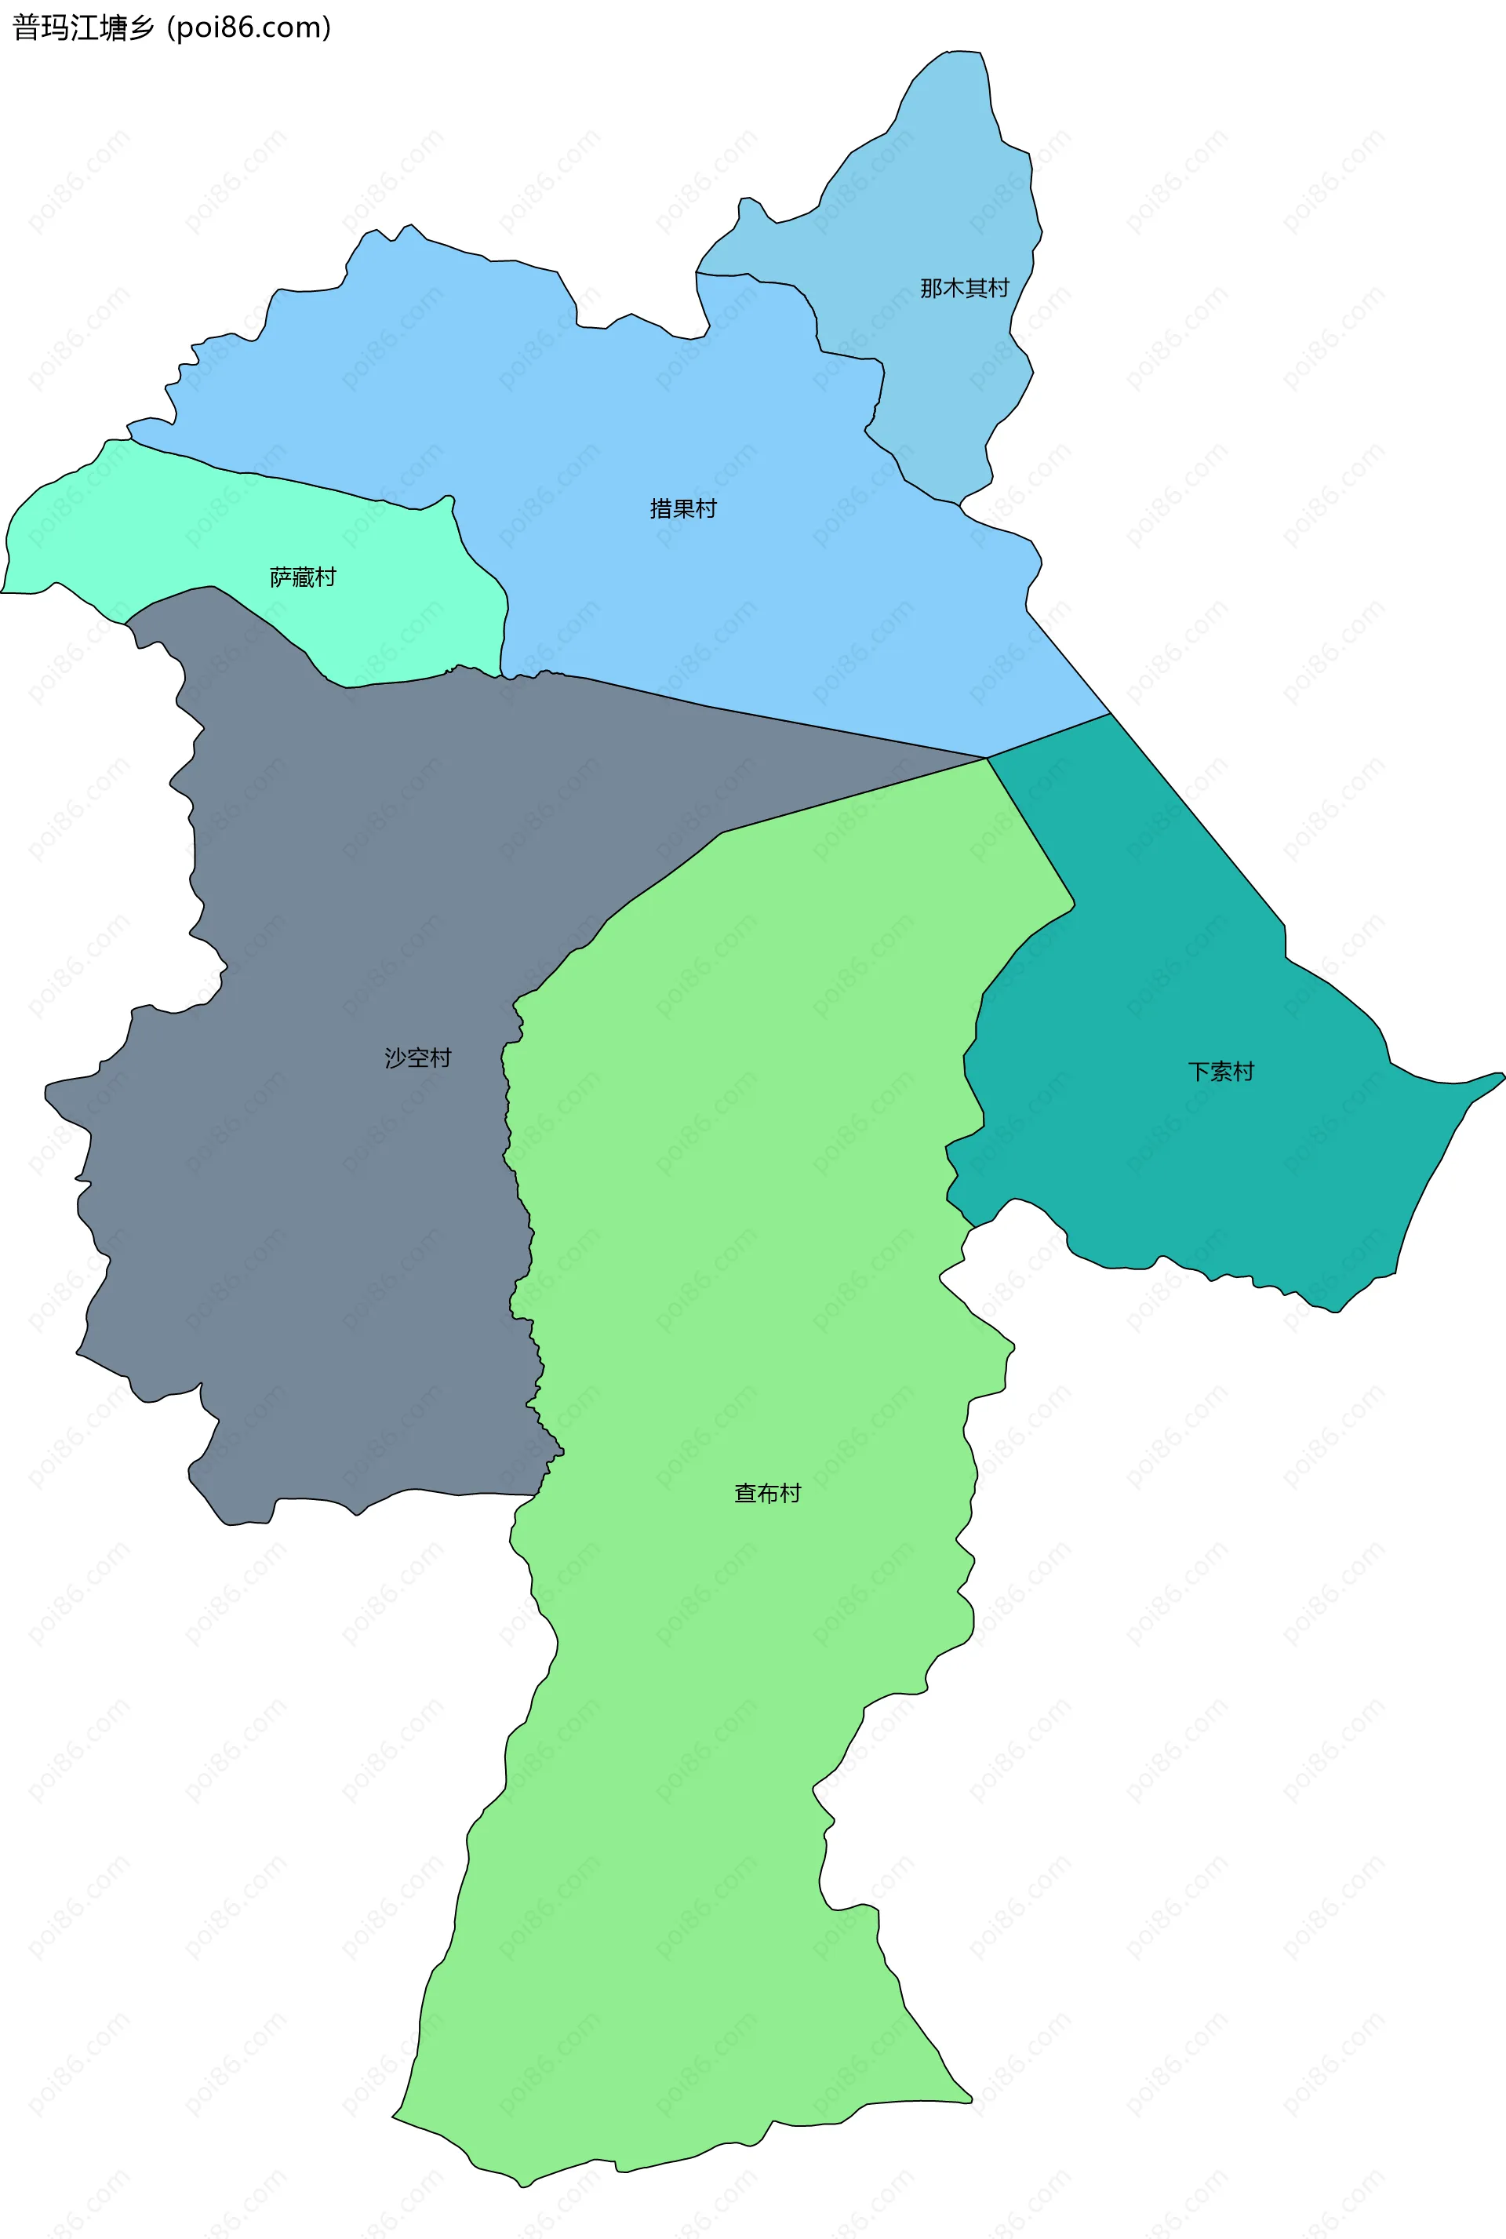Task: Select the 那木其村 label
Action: [x=964, y=288]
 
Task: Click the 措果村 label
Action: [x=683, y=509]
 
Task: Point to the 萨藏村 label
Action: [x=303, y=577]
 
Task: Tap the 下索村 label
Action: [x=1220, y=1071]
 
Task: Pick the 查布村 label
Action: [x=766, y=1493]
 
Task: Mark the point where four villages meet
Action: [x=987, y=758]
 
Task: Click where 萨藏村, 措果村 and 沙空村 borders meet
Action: [x=500, y=675]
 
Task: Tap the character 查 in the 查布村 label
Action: [x=744, y=1493]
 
